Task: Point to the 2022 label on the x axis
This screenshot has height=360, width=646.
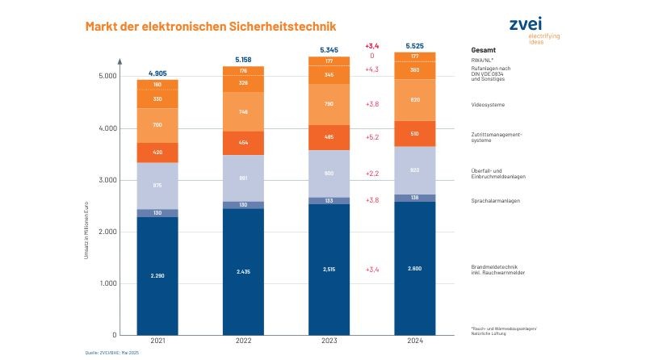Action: (243, 342)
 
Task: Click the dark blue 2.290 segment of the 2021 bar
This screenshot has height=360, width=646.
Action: (157, 275)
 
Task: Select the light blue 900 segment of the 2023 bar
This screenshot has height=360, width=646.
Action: (328, 174)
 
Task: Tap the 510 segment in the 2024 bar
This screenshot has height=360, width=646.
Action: (414, 134)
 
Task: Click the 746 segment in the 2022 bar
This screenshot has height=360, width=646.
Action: (243, 111)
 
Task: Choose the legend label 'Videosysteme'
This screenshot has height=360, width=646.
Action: (488, 104)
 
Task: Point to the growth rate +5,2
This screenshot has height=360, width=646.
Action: (372, 137)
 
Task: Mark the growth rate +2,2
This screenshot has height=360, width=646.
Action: (372, 174)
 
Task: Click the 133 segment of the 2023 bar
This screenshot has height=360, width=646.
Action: (328, 200)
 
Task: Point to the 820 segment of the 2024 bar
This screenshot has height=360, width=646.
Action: (414, 99)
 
